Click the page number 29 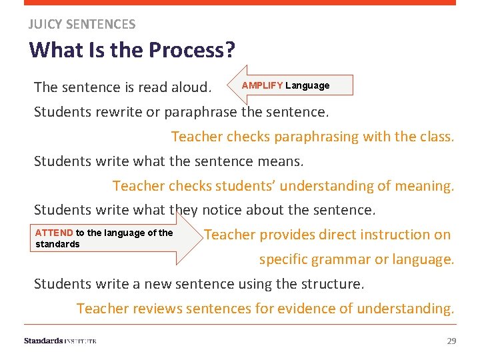coord(451,341)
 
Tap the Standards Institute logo coord(60,341)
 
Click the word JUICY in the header coord(43,25)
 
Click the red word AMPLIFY coord(262,86)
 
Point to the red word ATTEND coord(54,233)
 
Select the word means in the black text coord(282,161)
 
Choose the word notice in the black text coord(222,211)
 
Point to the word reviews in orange coord(141,309)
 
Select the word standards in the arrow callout coord(57,244)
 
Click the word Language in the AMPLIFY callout coord(307,86)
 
